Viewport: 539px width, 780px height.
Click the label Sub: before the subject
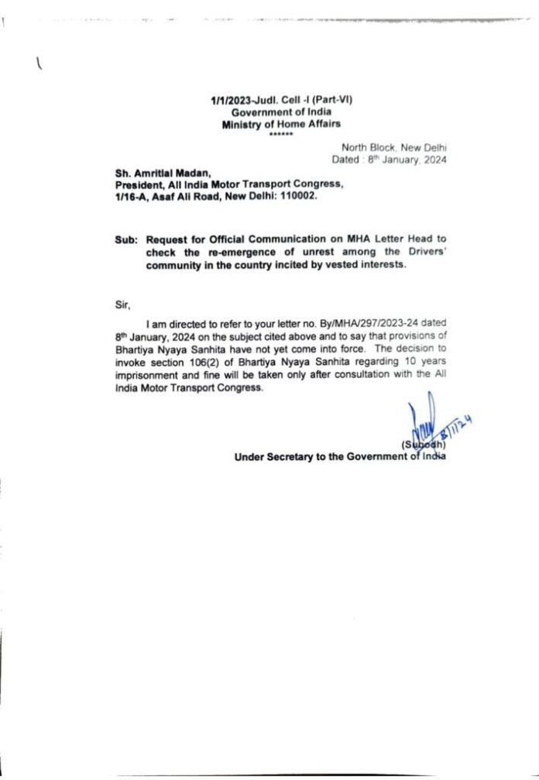125,240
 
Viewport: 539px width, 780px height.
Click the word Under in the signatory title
249,458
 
